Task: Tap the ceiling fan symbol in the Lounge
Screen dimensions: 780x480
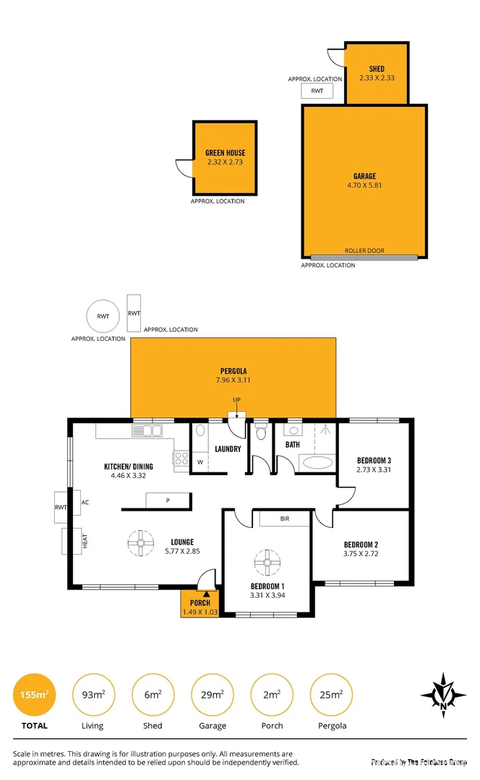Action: [139, 543]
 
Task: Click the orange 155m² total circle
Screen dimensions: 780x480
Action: [34, 695]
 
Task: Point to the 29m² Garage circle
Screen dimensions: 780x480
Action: [212, 695]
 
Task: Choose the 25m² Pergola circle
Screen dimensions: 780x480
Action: [331, 695]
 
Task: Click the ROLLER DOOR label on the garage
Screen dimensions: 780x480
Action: [364, 251]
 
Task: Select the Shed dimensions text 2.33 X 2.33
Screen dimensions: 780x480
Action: [377, 78]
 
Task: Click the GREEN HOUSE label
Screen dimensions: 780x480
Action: [225, 153]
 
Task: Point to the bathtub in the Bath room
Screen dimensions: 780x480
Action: [317, 462]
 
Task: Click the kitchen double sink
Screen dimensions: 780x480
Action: [147, 431]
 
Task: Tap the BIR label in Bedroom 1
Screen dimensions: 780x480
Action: [284, 519]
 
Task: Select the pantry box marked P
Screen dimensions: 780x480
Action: [168, 500]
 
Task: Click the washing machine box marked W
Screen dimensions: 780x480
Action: [200, 462]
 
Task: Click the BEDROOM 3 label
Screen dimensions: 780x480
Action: [374, 460]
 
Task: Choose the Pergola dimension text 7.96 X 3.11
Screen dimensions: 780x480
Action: [233, 380]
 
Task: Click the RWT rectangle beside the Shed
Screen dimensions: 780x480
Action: [317, 91]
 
